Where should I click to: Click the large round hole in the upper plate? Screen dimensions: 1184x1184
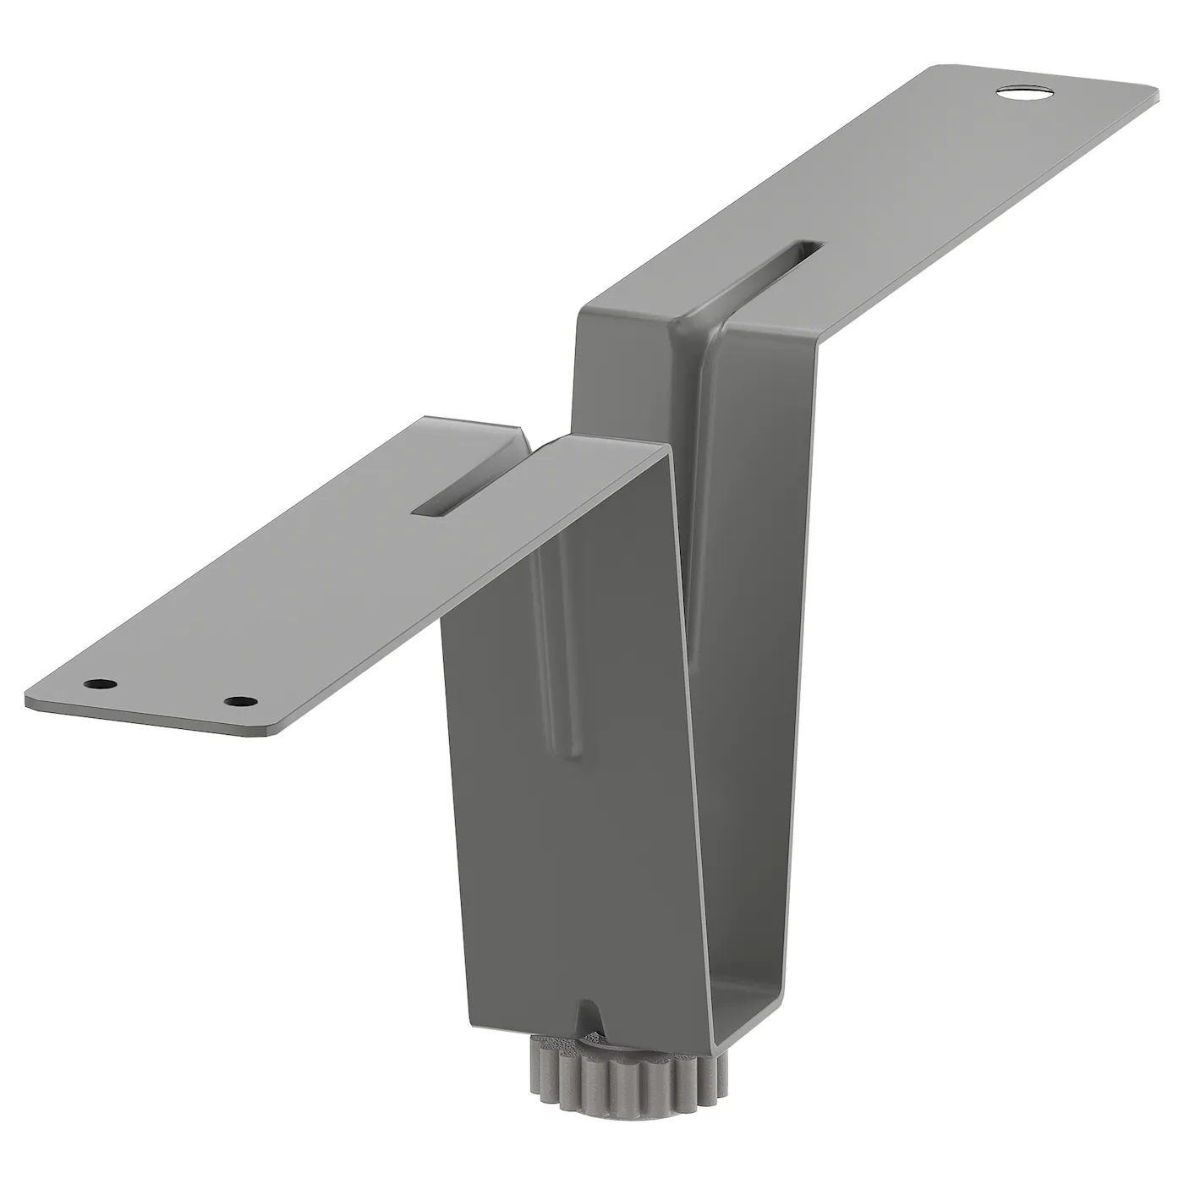point(1022,92)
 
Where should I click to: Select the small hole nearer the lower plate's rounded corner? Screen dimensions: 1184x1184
point(241,701)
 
